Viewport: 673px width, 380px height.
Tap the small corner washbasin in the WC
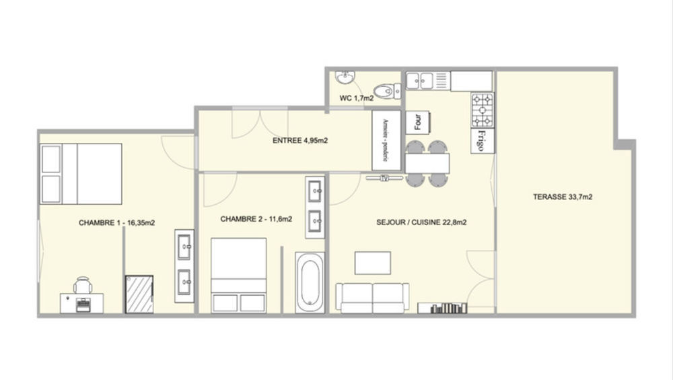tap(345, 77)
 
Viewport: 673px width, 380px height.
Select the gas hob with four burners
tap(483, 110)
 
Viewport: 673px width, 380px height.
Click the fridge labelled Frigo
tap(483, 140)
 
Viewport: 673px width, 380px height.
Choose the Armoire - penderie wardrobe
tap(386, 139)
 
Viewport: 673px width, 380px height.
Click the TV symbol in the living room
tap(385, 179)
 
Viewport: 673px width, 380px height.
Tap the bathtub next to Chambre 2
tap(310, 282)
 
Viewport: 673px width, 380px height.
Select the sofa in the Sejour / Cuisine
tap(372, 297)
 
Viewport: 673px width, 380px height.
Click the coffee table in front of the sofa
tap(373, 263)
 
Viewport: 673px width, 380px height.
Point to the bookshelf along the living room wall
tap(442, 309)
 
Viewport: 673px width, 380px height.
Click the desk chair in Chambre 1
tap(83, 286)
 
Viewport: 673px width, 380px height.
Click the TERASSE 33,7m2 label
tap(562, 197)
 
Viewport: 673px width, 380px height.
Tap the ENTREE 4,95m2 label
tap(299, 141)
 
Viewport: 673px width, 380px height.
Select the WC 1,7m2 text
tap(357, 98)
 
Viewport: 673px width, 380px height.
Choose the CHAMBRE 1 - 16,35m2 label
tap(117, 222)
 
